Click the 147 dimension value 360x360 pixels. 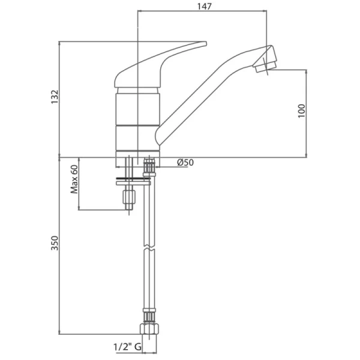205,6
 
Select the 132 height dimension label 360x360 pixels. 55,97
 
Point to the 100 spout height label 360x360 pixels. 302,111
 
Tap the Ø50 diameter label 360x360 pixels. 185,163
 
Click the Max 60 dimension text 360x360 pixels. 74,179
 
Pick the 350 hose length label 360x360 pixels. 55,243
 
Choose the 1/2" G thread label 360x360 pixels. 127,347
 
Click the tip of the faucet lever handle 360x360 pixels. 206,43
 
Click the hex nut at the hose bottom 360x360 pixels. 149,329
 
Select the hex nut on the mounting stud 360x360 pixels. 129,197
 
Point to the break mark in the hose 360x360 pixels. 149,247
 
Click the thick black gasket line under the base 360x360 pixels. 133,178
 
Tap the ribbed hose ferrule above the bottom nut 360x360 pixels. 149,317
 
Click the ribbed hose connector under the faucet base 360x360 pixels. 149,167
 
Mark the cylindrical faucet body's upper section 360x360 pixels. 137,109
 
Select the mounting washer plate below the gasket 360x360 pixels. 133,183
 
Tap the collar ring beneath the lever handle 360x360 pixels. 137,90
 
